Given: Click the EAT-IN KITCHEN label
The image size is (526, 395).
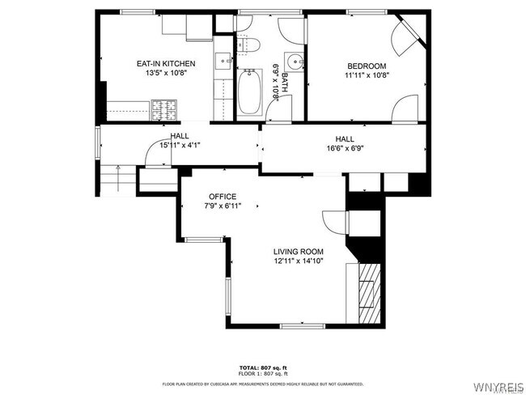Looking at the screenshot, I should pos(165,63).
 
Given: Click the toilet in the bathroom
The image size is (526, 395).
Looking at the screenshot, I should pos(249,43).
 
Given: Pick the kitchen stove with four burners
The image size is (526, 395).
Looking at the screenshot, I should pos(163,107).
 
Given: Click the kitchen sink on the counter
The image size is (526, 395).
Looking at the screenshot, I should pos(223,59).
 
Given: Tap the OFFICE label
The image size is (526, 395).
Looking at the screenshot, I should pos(223,197).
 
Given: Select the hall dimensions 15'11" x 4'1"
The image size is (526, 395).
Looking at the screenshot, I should pos(180,146).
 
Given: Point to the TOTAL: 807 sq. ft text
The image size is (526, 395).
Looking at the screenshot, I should pos(263,367).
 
